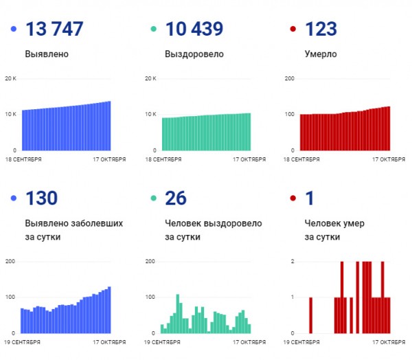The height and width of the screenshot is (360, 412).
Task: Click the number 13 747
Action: click(x=54, y=29)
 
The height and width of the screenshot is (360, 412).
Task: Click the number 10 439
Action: click(x=194, y=29)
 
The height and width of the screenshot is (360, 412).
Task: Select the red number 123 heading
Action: click(x=320, y=29)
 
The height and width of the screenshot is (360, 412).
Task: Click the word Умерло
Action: click(x=320, y=54)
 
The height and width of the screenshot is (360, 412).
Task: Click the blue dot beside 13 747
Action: click(x=14, y=29)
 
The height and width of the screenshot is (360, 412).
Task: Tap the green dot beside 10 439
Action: click(x=154, y=29)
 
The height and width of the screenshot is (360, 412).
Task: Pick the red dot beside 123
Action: click(x=293, y=29)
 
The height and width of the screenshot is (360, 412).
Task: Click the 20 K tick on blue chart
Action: click(x=10, y=78)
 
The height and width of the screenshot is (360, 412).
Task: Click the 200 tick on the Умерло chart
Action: click(x=290, y=78)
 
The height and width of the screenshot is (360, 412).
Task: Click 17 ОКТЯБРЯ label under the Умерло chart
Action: click(x=389, y=159)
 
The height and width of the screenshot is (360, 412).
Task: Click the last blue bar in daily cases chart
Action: click(x=109, y=310)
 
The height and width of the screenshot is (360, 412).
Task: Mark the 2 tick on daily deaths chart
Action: click(x=293, y=262)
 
